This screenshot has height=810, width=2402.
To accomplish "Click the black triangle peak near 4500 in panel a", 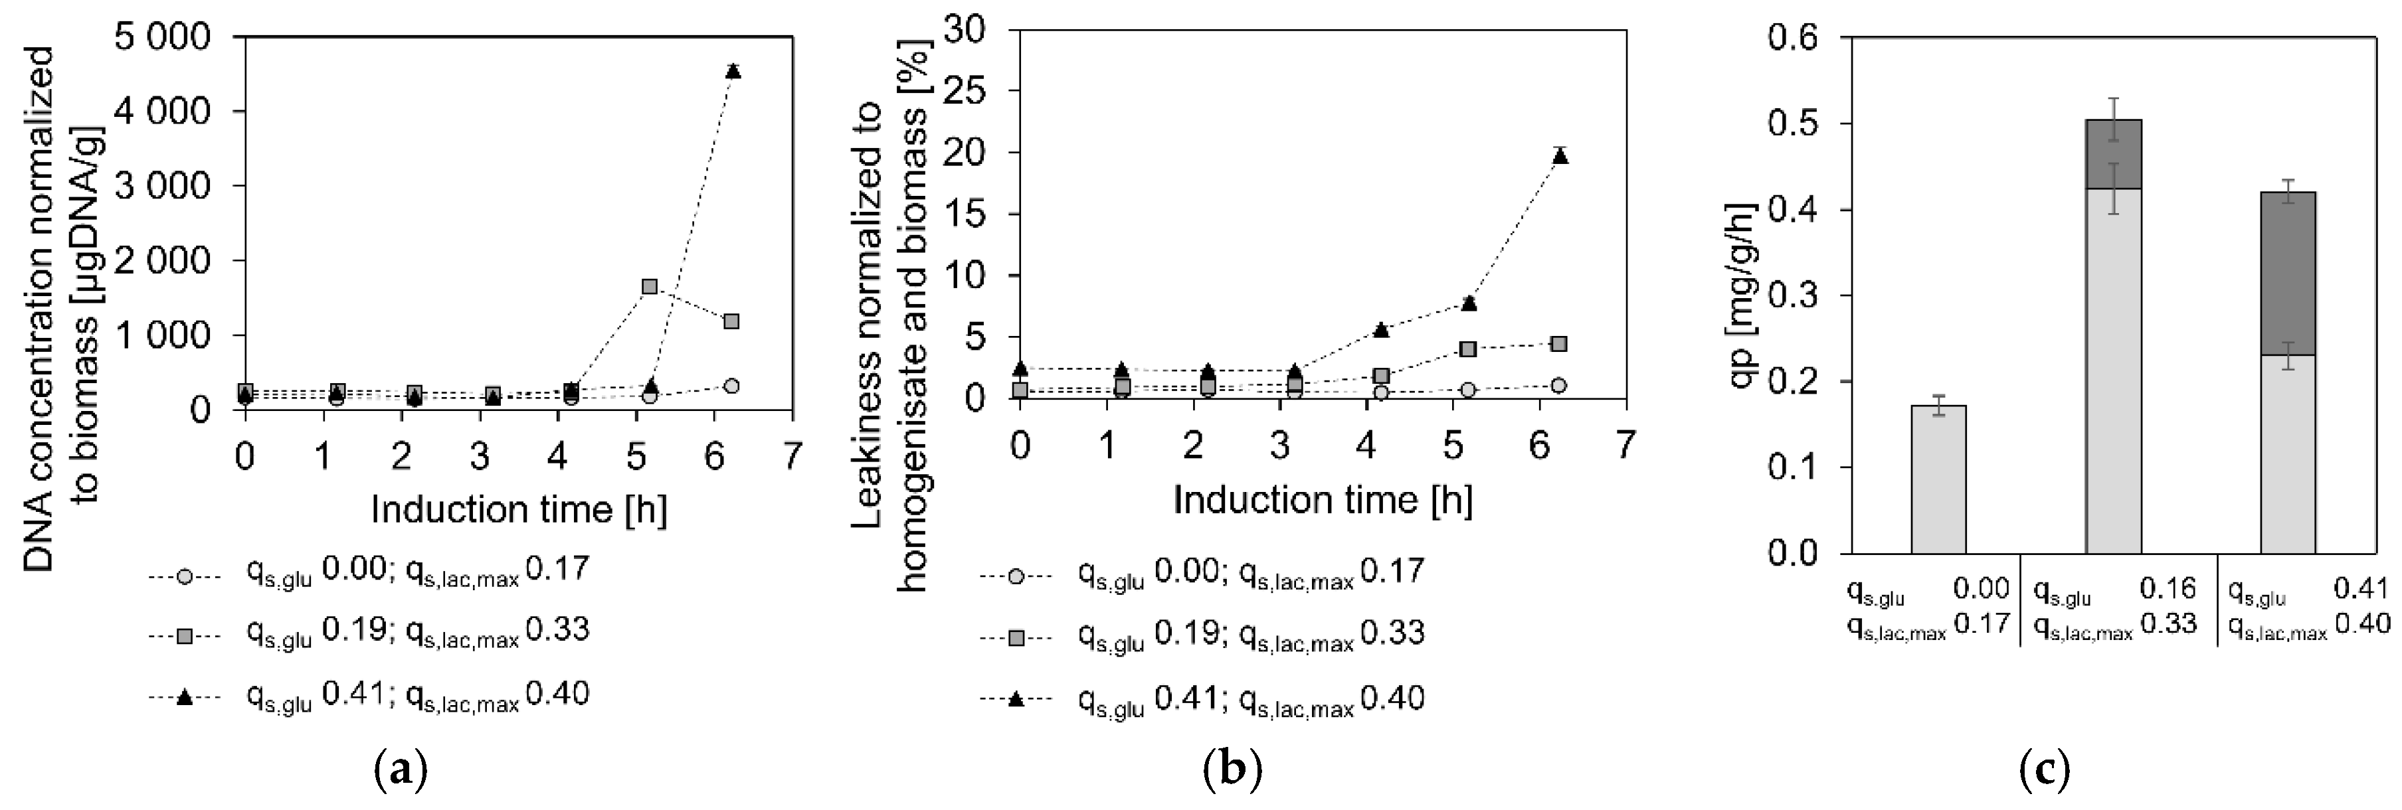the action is (733, 71).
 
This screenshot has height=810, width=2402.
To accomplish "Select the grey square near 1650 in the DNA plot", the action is (650, 286).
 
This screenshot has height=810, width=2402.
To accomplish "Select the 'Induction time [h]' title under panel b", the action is (1322, 501).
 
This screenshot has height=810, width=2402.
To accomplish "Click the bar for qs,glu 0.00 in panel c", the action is (1938, 479).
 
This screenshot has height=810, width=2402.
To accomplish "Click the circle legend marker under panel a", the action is (185, 577).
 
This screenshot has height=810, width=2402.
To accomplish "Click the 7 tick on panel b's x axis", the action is (1625, 445).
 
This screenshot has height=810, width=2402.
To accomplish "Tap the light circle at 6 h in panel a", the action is (731, 386).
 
